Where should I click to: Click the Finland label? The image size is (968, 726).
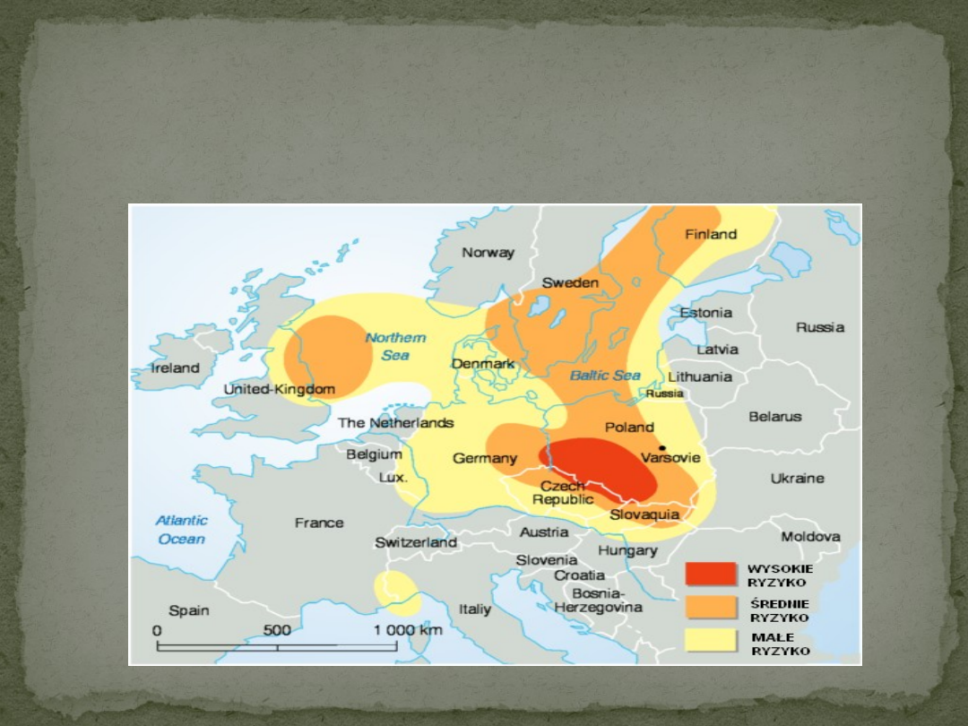pyautogui.click(x=711, y=235)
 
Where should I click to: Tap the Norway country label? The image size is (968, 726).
pyautogui.click(x=488, y=253)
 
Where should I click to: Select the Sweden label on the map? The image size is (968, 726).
pyautogui.click(x=569, y=283)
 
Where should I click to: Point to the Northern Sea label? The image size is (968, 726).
pyautogui.click(x=395, y=346)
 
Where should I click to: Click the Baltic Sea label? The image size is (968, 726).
pyautogui.click(x=605, y=376)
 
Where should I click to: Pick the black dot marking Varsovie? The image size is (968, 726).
pyautogui.click(x=662, y=447)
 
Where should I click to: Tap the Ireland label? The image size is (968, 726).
pyautogui.click(x=176, y=367)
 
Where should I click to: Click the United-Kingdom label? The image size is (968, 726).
pyautogui.click(x=279, y=390)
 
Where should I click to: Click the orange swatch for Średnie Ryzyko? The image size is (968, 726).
pyautogui.click(x=711, y=609)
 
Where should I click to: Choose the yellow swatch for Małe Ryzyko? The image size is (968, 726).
pyautogui.click(x=711, y=641)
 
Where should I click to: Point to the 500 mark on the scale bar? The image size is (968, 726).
pyautogui.click(x=277, y=630)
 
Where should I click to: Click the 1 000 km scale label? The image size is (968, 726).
pyautogui.click(x=408, y=630)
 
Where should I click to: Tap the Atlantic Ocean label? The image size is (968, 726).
pyautogui.click(x=182, y=530)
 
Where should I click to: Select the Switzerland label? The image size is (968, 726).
pyautogui.click(x=416, y=542)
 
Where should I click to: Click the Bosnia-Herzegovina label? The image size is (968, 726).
pyautogui.click(x=598, y=600)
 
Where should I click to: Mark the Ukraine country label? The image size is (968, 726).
pyautogui.click(x=797, y=479)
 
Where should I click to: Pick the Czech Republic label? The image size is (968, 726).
pyautogui.click(x=563, y=492)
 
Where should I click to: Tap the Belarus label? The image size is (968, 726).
pyautogui.click(x=775, y=417)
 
